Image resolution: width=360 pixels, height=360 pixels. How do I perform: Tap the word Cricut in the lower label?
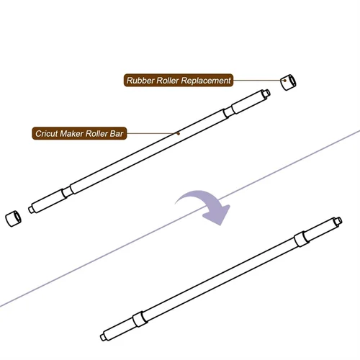tap(48, 133)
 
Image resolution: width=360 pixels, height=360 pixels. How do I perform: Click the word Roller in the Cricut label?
tap(100, 133)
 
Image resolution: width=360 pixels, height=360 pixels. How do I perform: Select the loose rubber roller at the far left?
tap(13, 216)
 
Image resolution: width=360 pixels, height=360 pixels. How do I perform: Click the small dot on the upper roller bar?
tap(178, 132)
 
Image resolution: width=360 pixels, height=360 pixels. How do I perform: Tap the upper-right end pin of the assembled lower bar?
tap(335, 220)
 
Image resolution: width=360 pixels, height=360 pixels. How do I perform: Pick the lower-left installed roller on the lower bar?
tap(138, 318)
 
